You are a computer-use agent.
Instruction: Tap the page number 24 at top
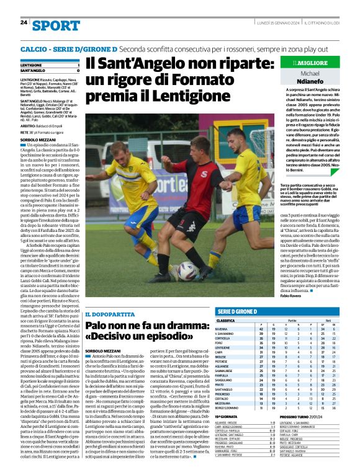pyautogui.click(x=24, y=23)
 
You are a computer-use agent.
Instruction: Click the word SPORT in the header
pyautogui.click(x=56, y=25)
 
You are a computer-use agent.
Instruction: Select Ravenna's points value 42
pyautogui.click(x=259, y=329)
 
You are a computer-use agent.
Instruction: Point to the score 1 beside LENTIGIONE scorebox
pyautogui.click(x=78, y=64)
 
